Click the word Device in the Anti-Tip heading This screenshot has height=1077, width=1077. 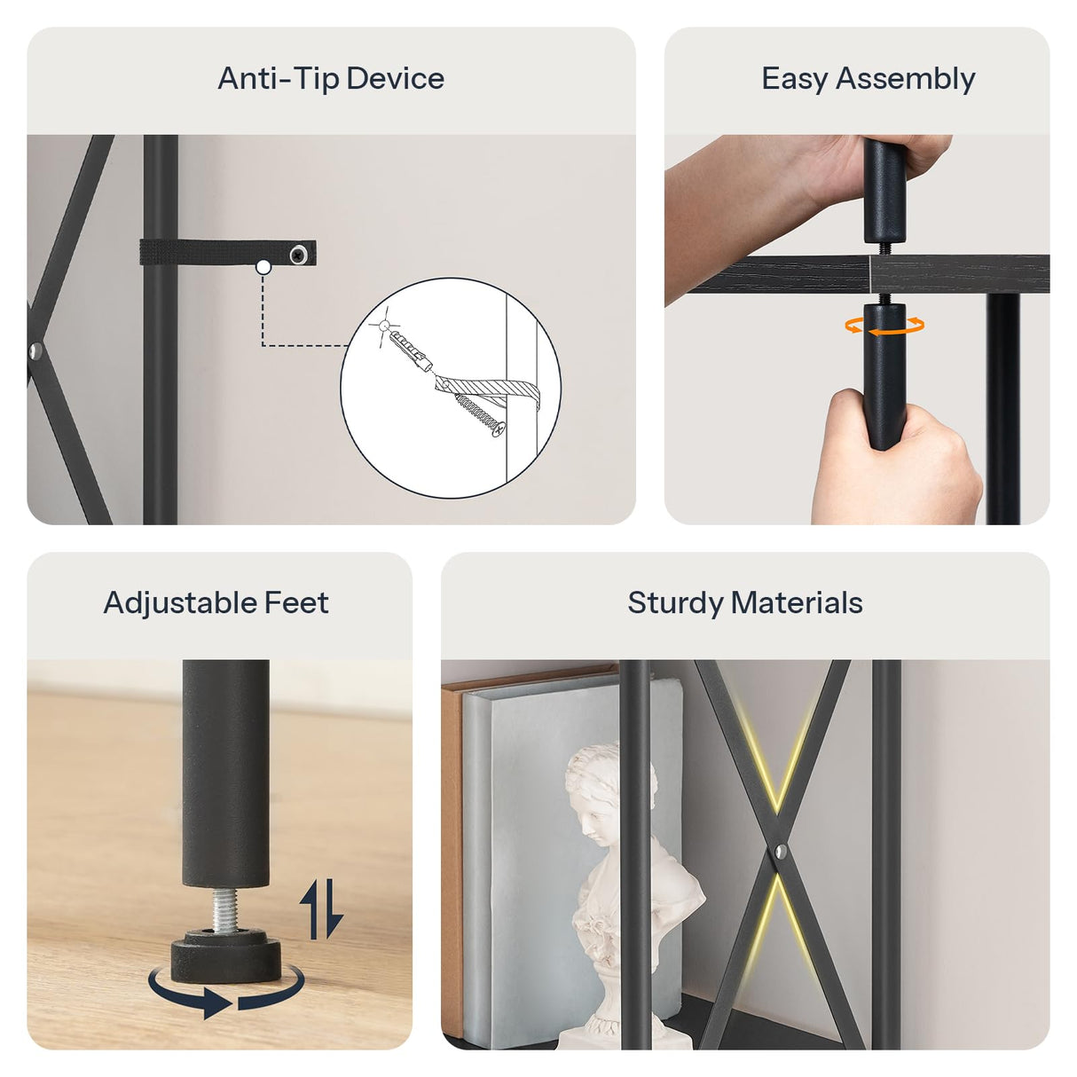pyautogui.click(x=395, y=78)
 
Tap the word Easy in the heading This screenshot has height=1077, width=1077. pyautogui.click(x=794, y=79)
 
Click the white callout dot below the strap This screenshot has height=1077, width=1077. pyautogui.click(x=263, y=268)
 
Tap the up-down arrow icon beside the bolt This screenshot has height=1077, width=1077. pyautogui.click(x=321, y=908)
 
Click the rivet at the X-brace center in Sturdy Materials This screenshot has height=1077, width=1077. pyautogui.click(x=780, y=852)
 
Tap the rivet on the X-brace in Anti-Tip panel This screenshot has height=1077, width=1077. pyautogui.click(x=35, y=351)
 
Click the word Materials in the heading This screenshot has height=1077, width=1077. pyautogui.click(x=797, y=603)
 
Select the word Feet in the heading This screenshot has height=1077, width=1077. pyautogui.click(x=296, y=603)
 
